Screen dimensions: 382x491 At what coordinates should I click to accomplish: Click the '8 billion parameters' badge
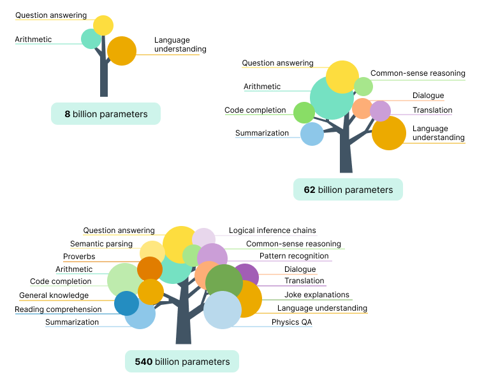(x=106, y=114)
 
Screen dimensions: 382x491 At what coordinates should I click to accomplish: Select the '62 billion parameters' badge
(x=348, y=190)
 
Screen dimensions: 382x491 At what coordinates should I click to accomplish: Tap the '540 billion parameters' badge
(x=182, y=362)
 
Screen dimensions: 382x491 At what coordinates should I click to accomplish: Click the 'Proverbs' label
(x=79, y=257)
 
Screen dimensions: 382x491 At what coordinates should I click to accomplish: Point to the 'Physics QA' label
(x=291, y=322)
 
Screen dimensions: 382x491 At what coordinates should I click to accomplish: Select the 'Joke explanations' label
(x=316, y=295)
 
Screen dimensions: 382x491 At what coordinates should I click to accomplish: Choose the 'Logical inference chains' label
(x=272, y=230)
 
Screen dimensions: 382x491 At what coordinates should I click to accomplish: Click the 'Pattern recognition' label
(x=294, y=256)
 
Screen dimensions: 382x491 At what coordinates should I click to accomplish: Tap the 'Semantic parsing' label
(x=101, y=244)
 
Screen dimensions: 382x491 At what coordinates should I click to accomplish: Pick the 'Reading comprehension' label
(x=58, y=309)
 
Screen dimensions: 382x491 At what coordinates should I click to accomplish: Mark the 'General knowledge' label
(x=54, y=295)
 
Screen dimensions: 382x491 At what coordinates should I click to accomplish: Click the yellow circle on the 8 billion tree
(x=103, y=25)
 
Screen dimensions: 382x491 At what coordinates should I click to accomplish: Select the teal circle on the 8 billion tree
(x=90, y=39)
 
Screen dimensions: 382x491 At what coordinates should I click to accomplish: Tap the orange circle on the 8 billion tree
(x=122, y=51)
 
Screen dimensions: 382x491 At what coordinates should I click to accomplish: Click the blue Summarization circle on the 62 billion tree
(x=312, y=134)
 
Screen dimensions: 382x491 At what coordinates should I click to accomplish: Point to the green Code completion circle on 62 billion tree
(x=304, y=113)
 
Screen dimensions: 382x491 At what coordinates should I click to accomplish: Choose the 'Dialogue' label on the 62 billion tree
(x=428, y=95)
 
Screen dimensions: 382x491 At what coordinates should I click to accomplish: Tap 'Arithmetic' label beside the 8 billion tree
(x=33, y=39)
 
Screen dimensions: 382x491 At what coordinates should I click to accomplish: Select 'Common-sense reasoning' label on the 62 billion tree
(x=418, y=73)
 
